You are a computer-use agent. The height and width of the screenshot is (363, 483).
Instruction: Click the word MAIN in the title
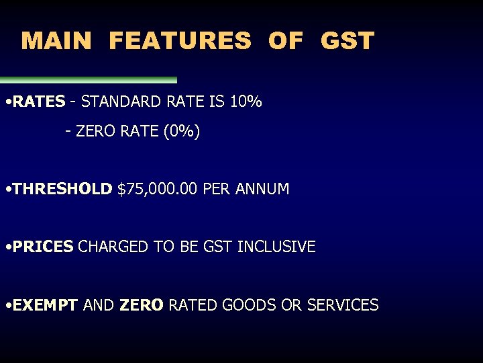tap(56, 41)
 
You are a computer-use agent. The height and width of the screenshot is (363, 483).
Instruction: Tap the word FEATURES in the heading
tap(180, 41)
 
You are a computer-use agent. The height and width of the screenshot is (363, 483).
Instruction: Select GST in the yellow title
tap(347, 41)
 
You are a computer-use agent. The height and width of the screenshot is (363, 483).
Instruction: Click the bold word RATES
tap(39, 102)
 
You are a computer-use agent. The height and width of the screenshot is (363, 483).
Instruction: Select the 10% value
tap(246, 102)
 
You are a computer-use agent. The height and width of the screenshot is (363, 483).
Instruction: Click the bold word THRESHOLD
tap(62, 190)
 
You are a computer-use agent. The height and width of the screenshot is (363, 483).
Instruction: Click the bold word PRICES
tap(42, 247)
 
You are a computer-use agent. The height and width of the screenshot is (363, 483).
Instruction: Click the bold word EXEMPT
tap(45, 305)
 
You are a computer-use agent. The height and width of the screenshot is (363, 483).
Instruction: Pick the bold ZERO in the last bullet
tap(141, 305)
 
